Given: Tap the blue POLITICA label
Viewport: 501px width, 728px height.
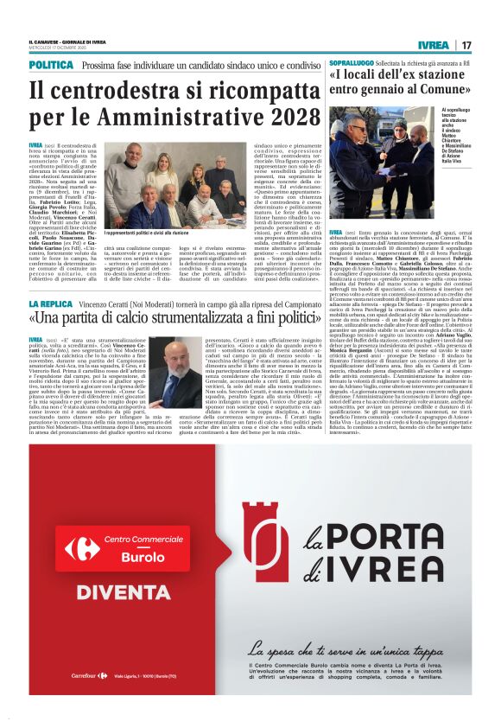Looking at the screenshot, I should tap(51, 66).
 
